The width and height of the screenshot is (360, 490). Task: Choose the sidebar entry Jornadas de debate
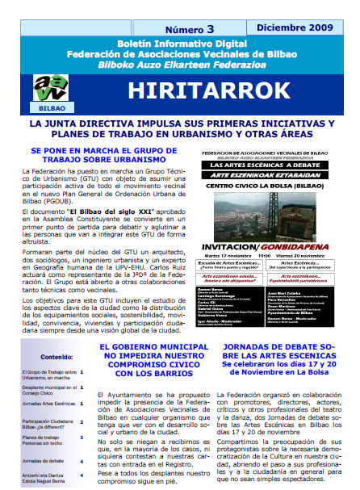point(44,438)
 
